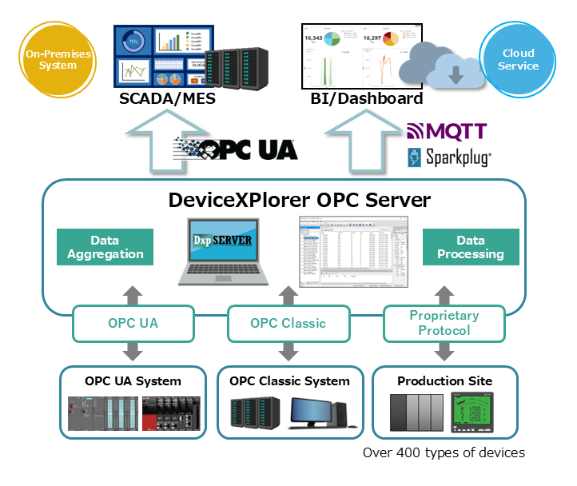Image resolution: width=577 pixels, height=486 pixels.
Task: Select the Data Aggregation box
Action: pos(105,247)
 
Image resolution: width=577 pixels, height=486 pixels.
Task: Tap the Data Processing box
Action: pos(471,247)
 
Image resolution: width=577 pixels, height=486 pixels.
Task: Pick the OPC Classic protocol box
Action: pos(288,324)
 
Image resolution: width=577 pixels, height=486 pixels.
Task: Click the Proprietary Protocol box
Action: pos(444,324)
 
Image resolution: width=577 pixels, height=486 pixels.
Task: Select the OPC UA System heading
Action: pos(133,380)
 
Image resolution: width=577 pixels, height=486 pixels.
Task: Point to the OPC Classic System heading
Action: pos(289,380)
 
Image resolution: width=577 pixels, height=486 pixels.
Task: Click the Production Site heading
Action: pos(444,380)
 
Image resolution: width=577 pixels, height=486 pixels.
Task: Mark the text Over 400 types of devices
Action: pos(444,453)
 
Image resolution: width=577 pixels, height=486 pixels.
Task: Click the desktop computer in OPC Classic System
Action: pos(317,414)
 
